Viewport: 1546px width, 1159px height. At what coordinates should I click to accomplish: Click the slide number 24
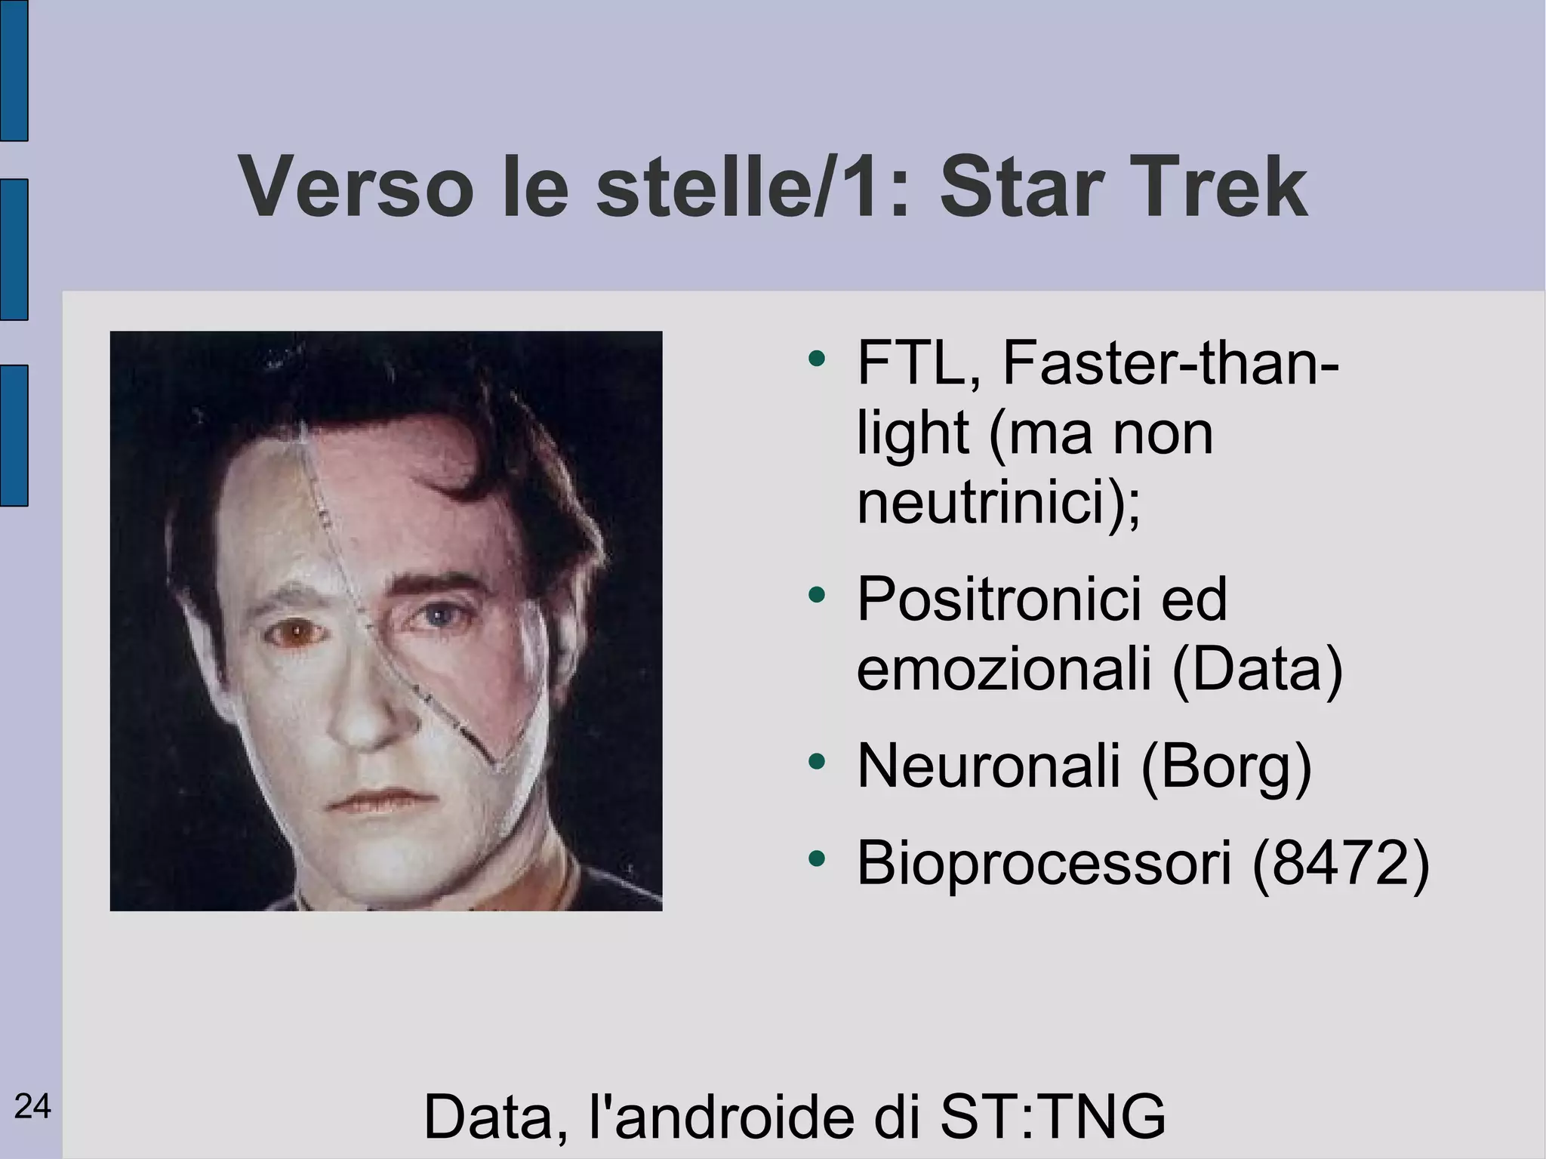(32, 1107)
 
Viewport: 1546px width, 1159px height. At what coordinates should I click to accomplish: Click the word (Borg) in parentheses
(1226, 766)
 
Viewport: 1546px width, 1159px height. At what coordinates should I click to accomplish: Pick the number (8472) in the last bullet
(1340, 862)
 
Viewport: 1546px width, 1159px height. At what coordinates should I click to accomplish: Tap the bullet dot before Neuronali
(816, 761)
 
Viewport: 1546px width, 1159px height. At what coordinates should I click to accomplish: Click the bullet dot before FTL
(816, 359)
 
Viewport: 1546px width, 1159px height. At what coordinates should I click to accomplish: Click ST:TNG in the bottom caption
(1052, 1116)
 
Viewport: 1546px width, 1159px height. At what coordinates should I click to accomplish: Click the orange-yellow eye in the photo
(297, 633)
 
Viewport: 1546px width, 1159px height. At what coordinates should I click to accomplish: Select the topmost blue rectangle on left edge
(14, 70)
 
